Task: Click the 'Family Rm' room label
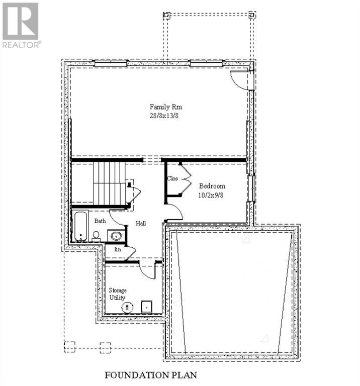pyautogui.click(x=165, y=107)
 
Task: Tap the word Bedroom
pyautogui.click(x=212, y=186)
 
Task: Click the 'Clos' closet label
pyautogui.click(x=172, y=178)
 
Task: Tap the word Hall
pyautogui.click(x=140, y=223)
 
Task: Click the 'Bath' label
pyautogui.click(x=101, y=221)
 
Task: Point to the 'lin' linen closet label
pyautogui.click(x=118, y=249)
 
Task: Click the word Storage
pyautogui.click(x=118, y=291)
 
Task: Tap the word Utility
pyautogui.click(x=118, y=298)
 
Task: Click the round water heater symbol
pyautogui.click(x=129, y=307)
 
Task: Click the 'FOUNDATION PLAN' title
pyautogui.click(x=150, y=375)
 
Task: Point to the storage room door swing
pyautogui.click(x=148, y=270)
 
